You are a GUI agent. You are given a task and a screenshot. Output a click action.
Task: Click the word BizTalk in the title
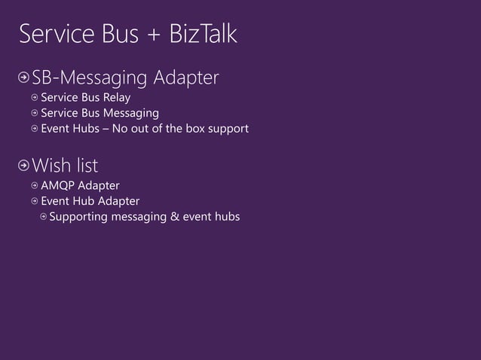tap(200, 35)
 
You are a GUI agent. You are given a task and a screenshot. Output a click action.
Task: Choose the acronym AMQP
tap(57, 185)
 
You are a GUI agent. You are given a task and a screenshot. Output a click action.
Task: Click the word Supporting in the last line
tap(78, 217)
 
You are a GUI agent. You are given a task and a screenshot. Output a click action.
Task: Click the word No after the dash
tap(119, 129)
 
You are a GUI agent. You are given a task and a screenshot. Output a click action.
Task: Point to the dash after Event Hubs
tap(105, 130)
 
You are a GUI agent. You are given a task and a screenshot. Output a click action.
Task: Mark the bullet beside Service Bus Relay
tap(35, 98)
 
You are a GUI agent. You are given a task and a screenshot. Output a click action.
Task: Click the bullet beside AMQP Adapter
tap(35, 185)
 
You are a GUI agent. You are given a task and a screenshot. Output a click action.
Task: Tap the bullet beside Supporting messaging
tap(43, 217)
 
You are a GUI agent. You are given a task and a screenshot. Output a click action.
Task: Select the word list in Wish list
tap(86, 164)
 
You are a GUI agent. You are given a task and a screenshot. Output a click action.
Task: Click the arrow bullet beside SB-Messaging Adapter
tap(24, 78)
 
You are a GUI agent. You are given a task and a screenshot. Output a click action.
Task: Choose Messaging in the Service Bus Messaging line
tap(133, 114)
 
